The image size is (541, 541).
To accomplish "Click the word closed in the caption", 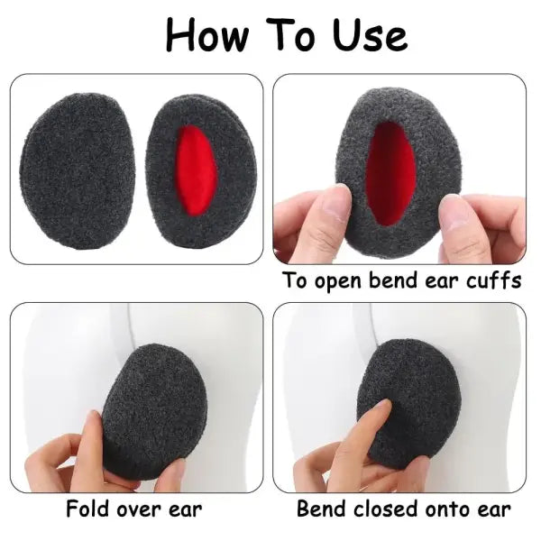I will (x=382, y=509).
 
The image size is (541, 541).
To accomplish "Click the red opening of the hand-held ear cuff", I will (x=392, y=171).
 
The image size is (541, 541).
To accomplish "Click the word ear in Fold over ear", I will (x=186, y=509).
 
